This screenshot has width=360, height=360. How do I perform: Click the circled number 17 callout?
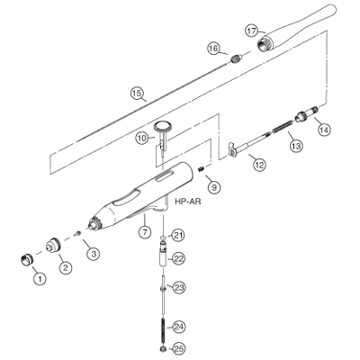[252, 31]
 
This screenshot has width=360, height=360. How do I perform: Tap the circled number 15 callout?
[137, 93]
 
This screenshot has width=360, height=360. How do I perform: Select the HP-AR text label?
[188, 202]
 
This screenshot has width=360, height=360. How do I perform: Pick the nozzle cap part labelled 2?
[53, 245]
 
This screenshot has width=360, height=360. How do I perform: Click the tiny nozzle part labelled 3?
[78, 233]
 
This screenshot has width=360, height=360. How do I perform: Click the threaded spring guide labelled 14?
[306, 113]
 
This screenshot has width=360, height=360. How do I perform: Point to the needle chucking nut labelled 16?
[237, 58]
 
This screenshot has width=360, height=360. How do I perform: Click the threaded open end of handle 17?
[265, 43]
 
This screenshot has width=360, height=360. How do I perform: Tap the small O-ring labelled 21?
[163, 238]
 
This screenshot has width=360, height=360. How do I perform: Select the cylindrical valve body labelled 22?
[163, 254]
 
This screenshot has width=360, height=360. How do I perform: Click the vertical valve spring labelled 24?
[163, 331]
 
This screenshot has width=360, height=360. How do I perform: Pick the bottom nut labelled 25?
[163, 349]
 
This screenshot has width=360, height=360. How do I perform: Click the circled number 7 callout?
[145, 232]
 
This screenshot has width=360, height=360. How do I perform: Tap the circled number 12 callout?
[259, 165]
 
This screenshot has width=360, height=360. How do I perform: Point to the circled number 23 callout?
[179, 288]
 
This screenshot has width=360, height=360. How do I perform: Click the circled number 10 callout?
[142, 139]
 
